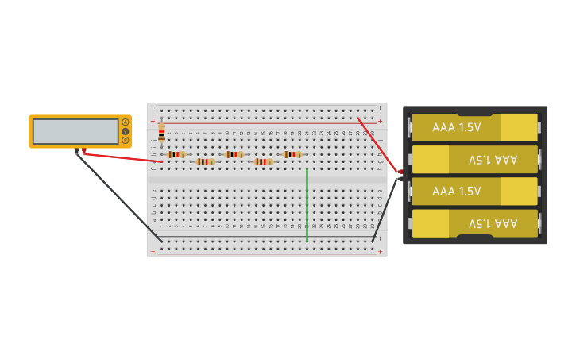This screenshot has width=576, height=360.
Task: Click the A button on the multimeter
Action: [125, 122]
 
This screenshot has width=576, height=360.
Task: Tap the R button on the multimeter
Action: [125, 140]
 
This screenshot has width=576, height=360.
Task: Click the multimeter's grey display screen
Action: [75, 131]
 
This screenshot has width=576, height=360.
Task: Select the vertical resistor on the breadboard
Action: [161, 134]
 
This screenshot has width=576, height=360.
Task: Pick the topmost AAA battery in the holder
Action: [474, 127]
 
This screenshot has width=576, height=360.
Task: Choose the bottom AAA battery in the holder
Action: [474, 223]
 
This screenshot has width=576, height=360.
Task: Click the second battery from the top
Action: [474, 160]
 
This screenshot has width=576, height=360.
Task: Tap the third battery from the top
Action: [474, 192]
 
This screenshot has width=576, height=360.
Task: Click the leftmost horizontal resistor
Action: [176, 154]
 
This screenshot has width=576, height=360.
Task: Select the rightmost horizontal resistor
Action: [292, 154]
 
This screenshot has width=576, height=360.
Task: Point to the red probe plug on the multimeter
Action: [84, 150]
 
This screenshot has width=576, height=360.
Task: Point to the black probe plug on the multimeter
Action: [76, 150]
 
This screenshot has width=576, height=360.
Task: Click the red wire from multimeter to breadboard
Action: [123, 157]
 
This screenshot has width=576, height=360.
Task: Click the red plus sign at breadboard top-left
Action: [153, 121]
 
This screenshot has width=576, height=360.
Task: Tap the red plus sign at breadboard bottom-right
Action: [380, 251]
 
